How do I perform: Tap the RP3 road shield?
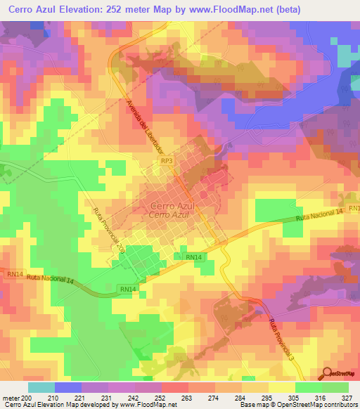click(x=167, y=161)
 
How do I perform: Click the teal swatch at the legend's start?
click(x=41, y=387)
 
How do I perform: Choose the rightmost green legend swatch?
click(x=335, y=387)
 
